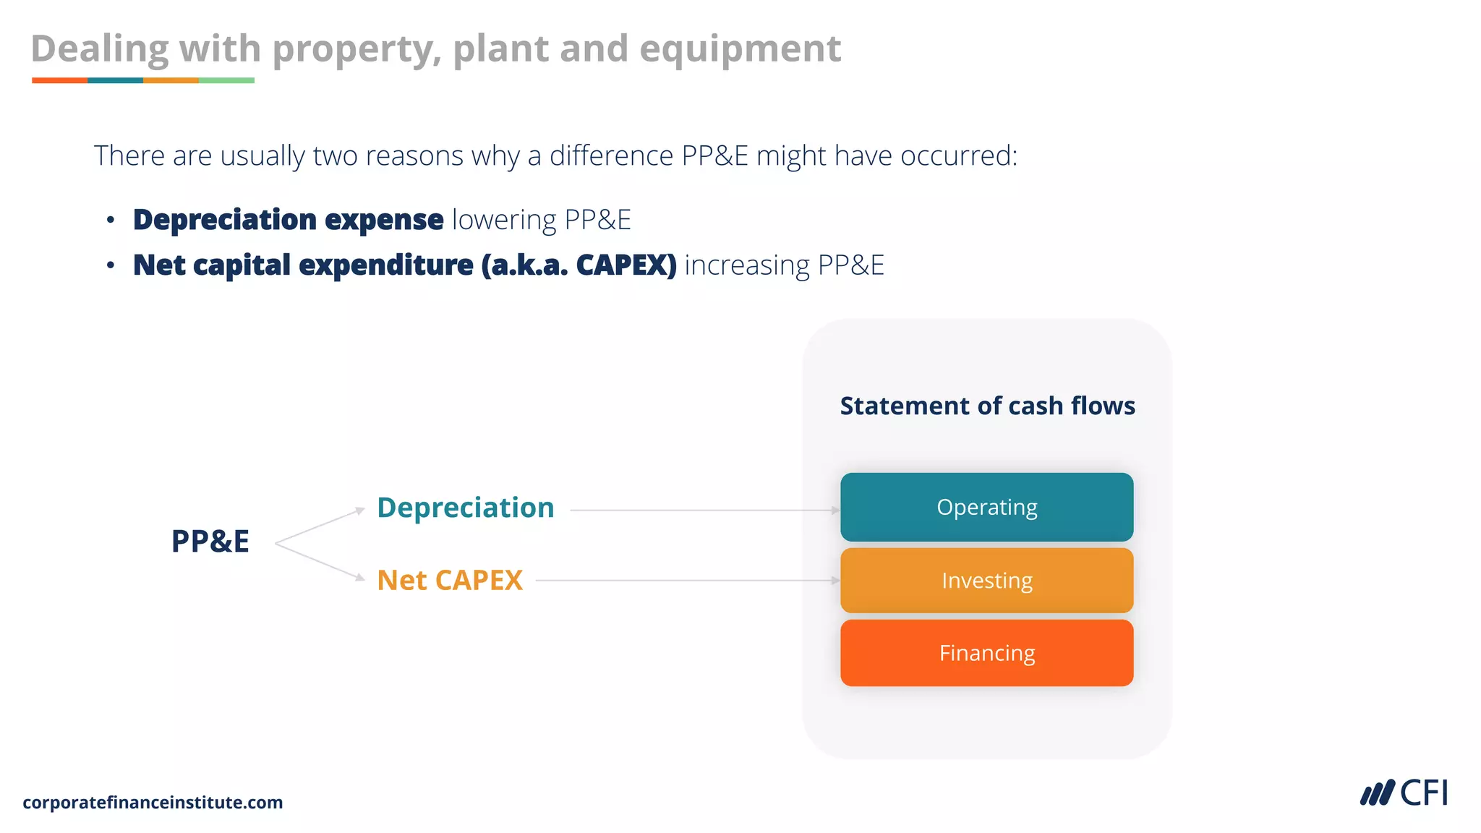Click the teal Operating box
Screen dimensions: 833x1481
986,507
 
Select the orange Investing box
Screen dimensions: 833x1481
986,580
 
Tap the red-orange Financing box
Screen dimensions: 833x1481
986,653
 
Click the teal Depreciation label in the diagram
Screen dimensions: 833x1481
466,508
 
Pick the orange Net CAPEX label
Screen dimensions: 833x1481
450,580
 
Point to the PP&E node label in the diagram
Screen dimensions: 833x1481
210,541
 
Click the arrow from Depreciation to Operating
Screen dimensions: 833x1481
704,510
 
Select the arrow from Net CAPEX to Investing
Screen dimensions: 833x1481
687,580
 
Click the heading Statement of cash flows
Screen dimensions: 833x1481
987,406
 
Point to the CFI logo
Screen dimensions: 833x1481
1404,793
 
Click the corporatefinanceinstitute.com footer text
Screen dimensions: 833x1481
153,802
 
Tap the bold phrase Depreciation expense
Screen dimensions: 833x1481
288,220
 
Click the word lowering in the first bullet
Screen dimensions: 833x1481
504,220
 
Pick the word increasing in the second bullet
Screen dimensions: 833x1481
747,265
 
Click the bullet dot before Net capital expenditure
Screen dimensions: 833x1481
110,265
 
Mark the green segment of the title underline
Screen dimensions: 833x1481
226,80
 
